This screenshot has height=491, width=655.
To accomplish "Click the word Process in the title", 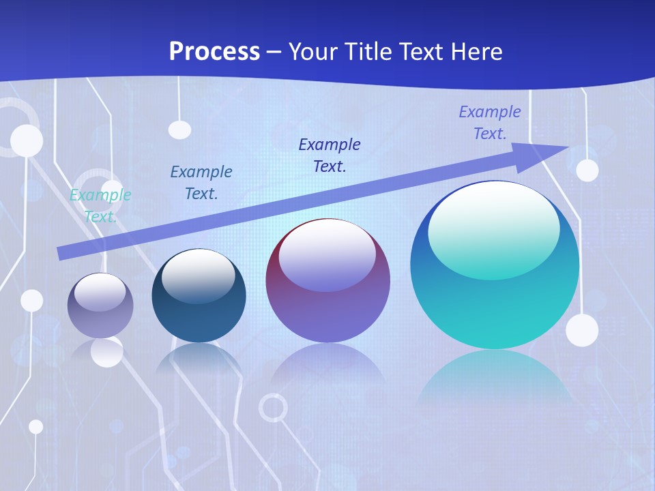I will [x=214, y=51].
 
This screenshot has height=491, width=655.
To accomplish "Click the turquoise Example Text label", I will [x=100, y=205].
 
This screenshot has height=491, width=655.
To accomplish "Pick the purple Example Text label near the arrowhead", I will [x=490, y=123].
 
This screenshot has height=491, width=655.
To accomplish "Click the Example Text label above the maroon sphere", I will [x=330, y=155].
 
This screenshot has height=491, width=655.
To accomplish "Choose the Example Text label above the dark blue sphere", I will [x=201, y=182].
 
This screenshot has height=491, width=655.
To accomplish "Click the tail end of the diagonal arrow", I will [x=59, y=254].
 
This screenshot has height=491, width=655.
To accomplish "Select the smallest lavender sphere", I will [x=100, y=306].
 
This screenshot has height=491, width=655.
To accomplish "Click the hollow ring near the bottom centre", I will [x=273, y=408].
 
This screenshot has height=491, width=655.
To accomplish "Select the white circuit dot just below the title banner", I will [x=179, y=129].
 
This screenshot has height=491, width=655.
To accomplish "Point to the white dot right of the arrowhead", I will [x=587, y=170].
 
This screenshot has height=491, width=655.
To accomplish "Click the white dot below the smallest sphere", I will [x=107, y=352].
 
